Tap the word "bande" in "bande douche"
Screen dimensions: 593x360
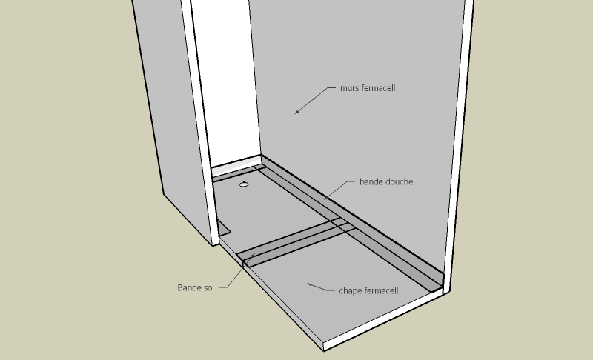tap(371, 181)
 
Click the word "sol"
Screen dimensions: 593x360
tap(209, 287)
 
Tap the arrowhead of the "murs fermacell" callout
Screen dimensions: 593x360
tap(297, 111)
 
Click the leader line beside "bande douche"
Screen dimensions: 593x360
tap(339, 190)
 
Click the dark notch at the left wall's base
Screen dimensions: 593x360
tap(225, 229)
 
